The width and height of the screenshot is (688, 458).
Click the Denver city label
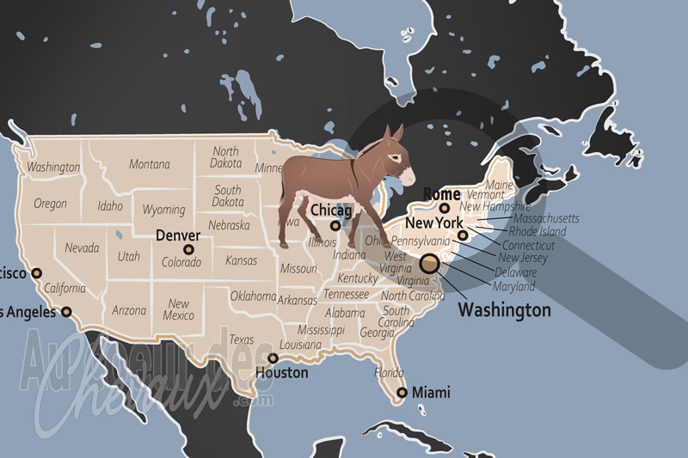point(178,235)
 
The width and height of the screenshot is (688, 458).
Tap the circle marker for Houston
point(273,358)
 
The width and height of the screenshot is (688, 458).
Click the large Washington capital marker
point(428,265)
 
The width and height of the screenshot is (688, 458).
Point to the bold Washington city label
point(504,309)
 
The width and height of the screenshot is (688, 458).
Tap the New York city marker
point(463,235)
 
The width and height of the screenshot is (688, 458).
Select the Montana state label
point(149,164)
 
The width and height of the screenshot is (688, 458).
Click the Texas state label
point(242,339)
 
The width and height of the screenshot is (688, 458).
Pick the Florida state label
point(389,374)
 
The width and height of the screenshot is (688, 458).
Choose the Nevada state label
point(82,247)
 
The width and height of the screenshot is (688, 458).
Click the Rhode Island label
point(538,231)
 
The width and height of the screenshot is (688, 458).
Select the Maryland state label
point(513,286)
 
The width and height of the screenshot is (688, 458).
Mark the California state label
point(65,288)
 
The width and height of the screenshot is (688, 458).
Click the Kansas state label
point(241,260)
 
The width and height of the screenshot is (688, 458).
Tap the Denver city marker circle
point(189,250)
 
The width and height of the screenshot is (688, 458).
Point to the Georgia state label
point(378,333)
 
